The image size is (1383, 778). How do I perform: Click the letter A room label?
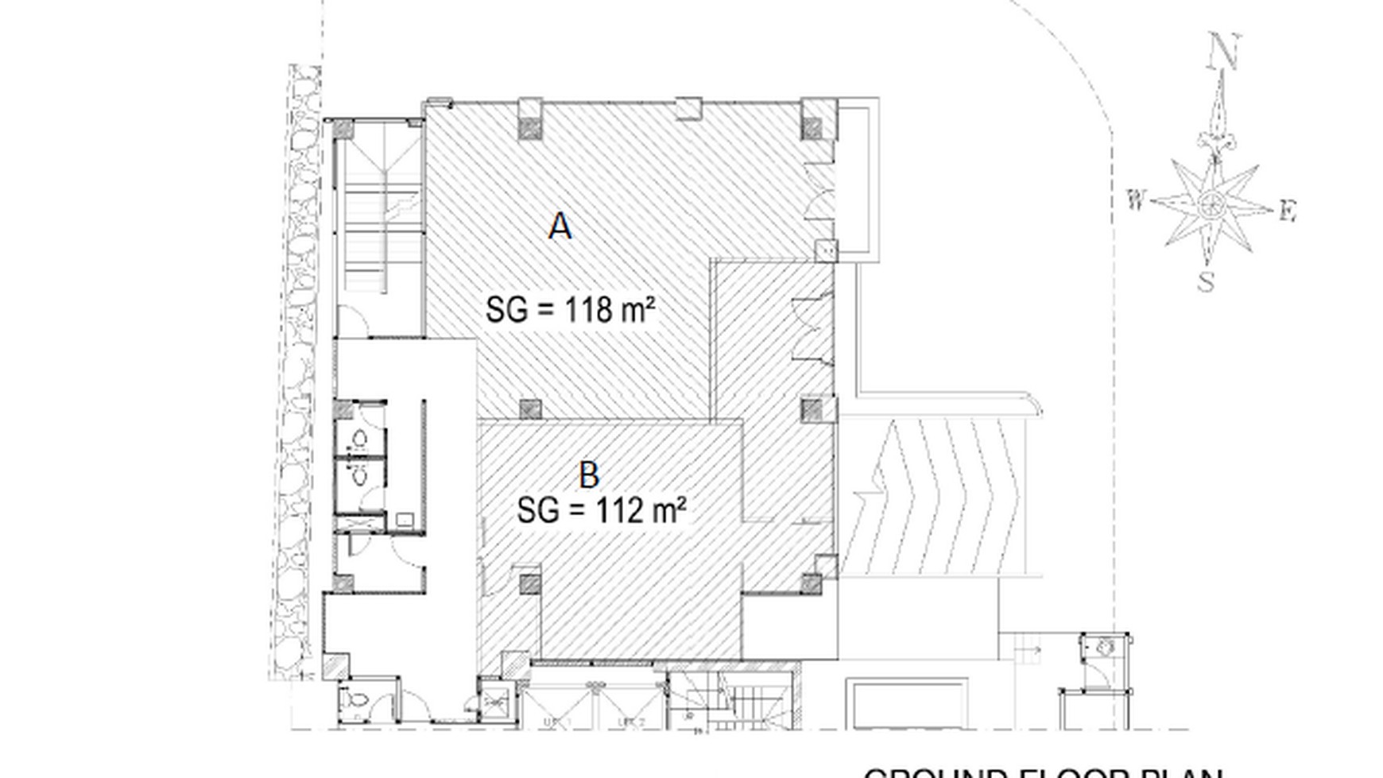(x=560, y=226)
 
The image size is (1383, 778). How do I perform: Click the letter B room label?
(x=589, y=475)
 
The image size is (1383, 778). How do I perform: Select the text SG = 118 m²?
(x=571, y=309)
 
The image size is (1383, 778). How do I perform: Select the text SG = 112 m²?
(x=602, y=510)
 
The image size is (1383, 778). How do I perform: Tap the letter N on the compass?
(x=1222, y=52)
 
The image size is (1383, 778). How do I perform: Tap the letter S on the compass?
(x=1207, y=281)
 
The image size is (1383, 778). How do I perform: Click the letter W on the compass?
(x=1136, y=200)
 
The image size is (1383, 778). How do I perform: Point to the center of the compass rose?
(x=1211, y=205)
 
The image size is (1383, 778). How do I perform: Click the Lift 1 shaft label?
(x=558, y=722)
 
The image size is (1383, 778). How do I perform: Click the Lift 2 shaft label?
(x=630, y=722)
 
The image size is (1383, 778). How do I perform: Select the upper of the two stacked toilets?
(x=359, y=438)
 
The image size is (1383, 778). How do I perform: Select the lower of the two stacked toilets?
(x=359, y=474)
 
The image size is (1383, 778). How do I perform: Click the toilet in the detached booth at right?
(x=1106, y=648)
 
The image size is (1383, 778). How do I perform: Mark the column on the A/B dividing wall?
(x=530, y=409)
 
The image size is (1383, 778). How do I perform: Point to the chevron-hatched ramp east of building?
(x=938, y=497)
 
